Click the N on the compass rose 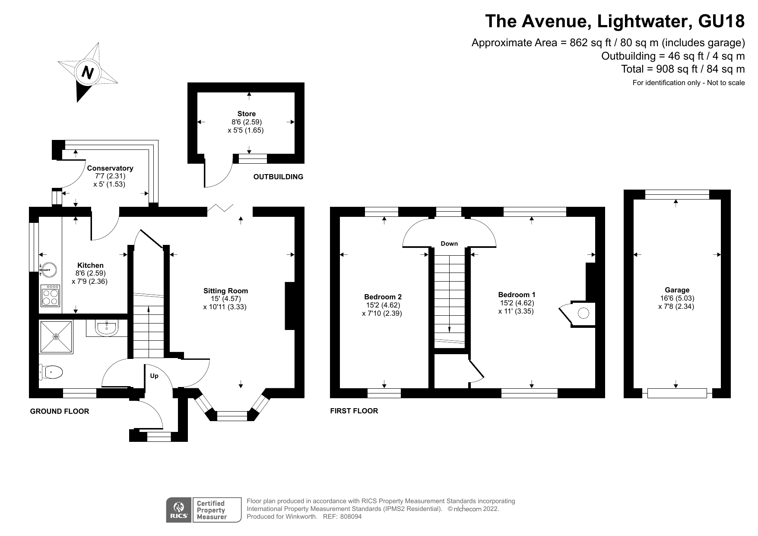[88, 72]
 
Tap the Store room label [246, 114]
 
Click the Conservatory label [110, 168]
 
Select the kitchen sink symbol [48, 270]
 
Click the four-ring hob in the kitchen [51, 295]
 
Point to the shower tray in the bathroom [56, 336]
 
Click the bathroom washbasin [106, 328]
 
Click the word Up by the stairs [154, 376]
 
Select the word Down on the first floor [449, 244]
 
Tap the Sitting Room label [225, 291]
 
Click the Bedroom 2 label [383, 297]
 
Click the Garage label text [677, 290]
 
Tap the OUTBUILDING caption [278, 177]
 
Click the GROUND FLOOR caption [60, 411]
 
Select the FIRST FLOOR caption [354, 411]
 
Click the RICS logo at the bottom [179, 510]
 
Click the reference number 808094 [351, 516]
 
